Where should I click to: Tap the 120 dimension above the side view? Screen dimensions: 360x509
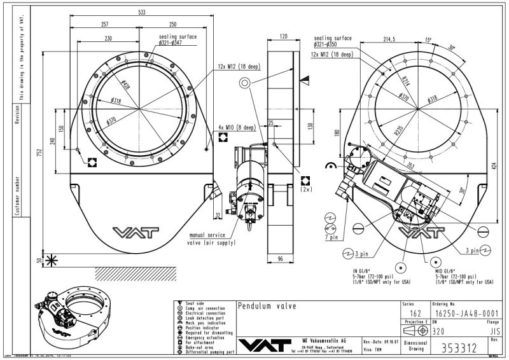click(x=283, y=36)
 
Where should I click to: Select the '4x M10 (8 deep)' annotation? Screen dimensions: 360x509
click(x=236, y=127)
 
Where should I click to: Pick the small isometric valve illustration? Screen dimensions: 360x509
click(x=66, y=312)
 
